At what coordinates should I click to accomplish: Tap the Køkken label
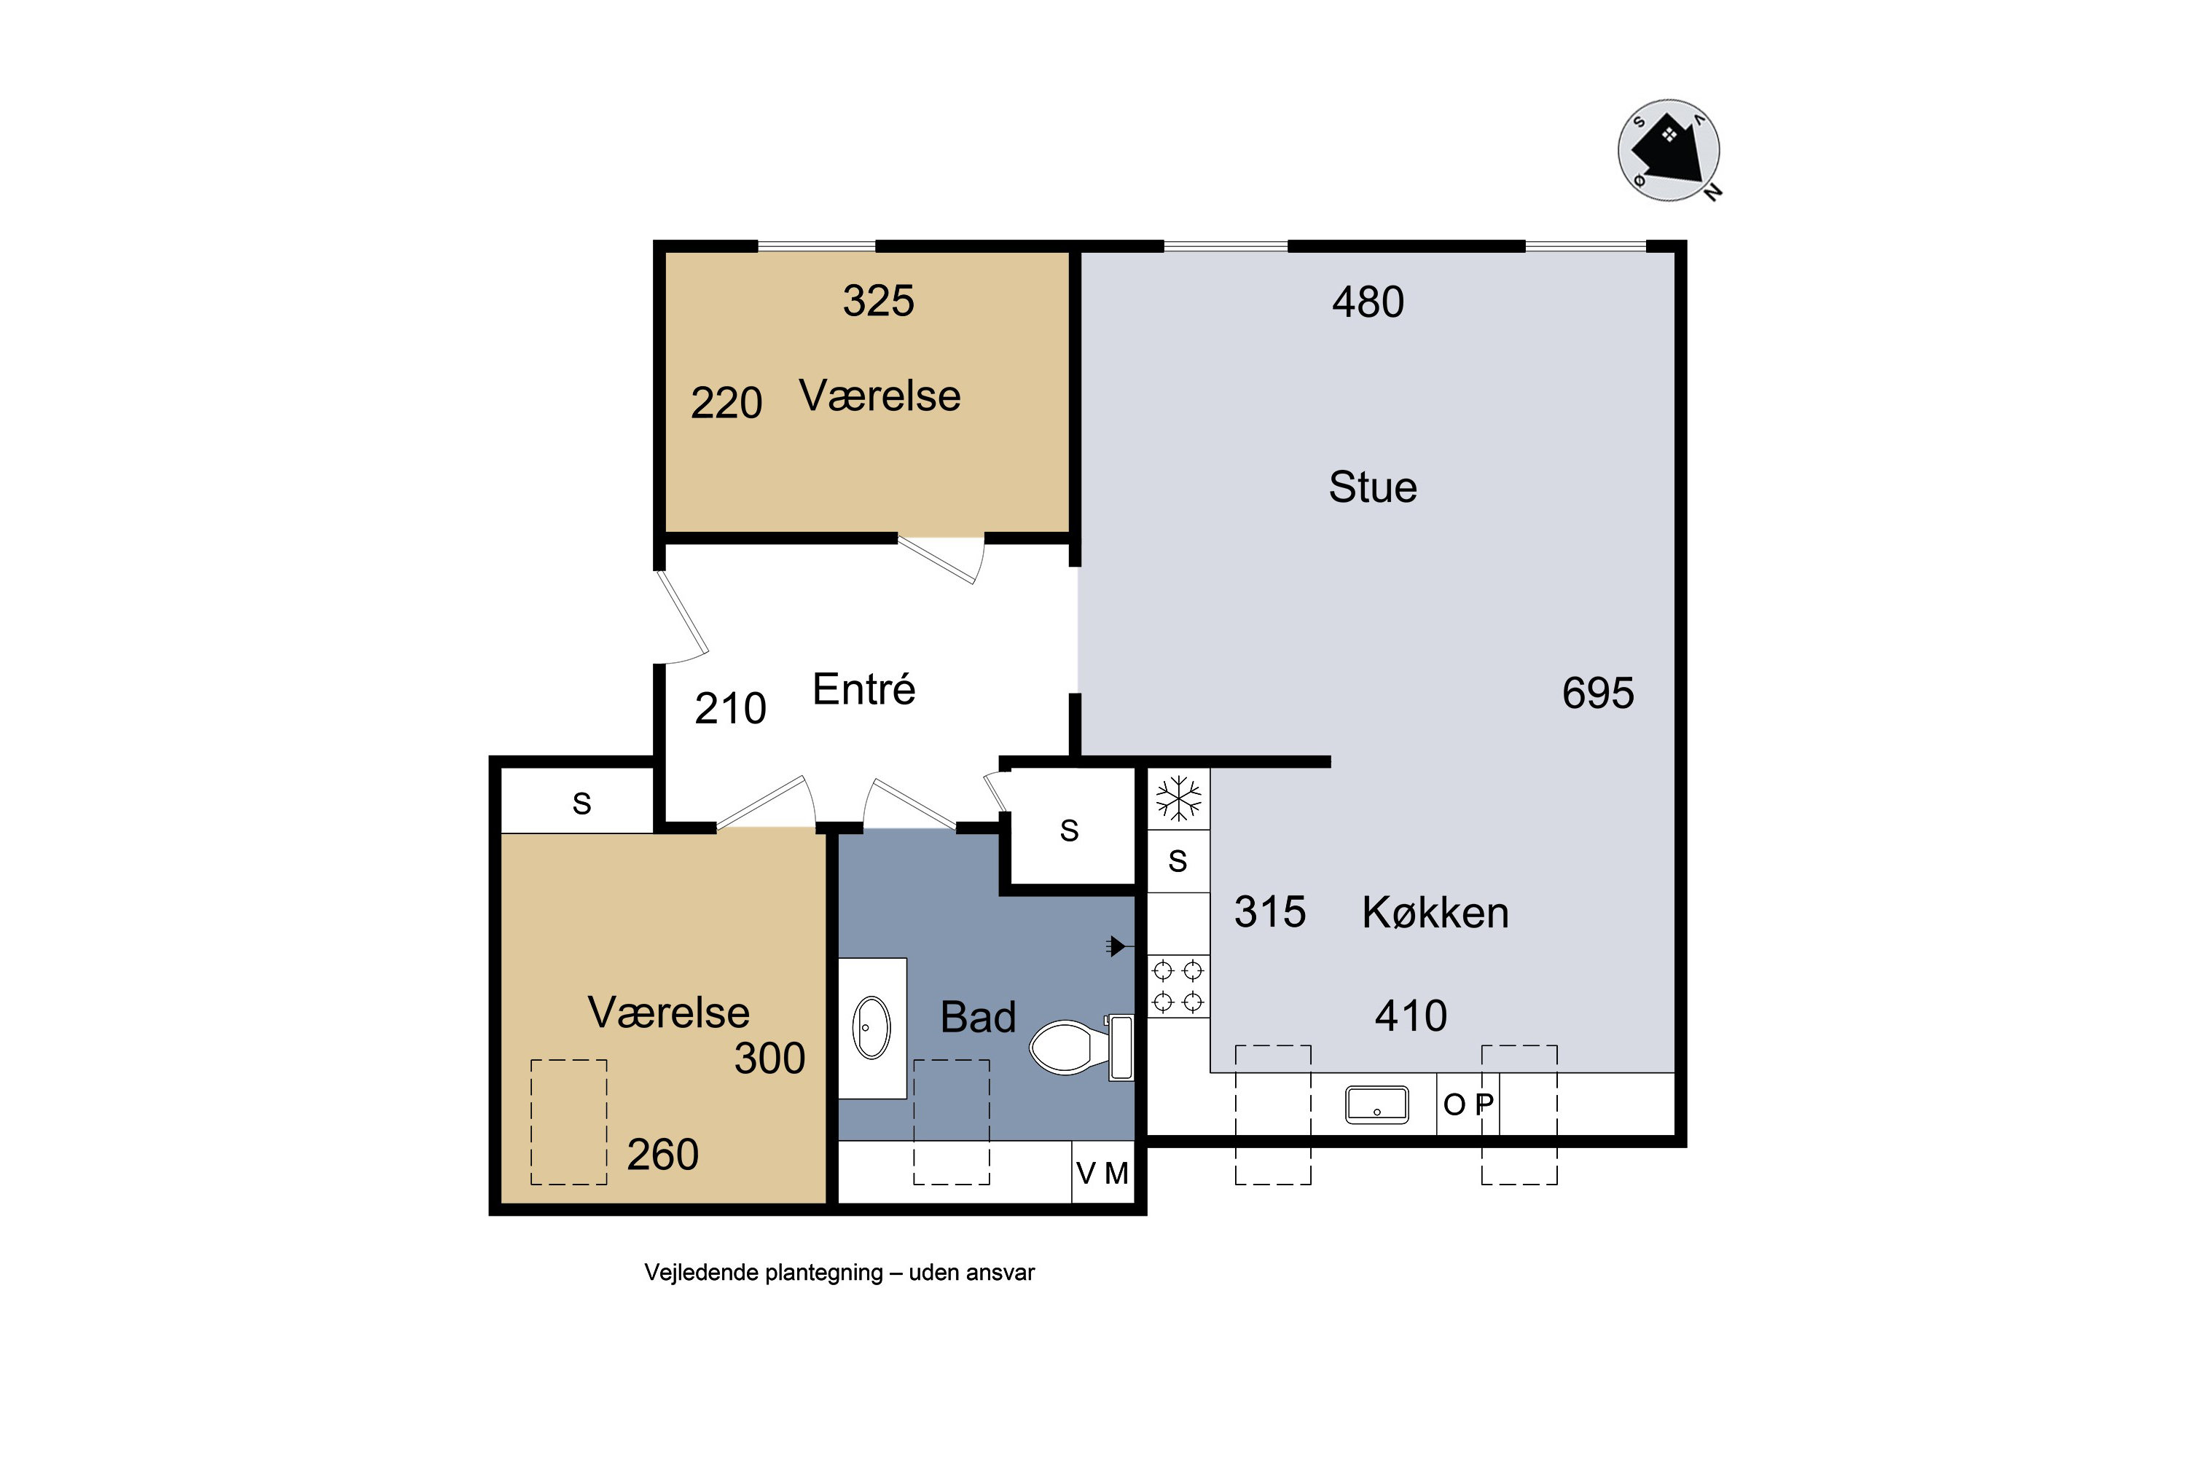[1435, 913]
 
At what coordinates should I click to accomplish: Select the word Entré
[863, 688]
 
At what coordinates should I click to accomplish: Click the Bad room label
[978, 1016]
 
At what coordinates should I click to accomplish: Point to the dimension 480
[1368, 302]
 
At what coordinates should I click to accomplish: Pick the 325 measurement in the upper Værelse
[878, 301]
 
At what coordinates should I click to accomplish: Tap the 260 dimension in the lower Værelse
[662, 1155]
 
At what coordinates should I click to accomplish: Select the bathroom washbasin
[871, 1028]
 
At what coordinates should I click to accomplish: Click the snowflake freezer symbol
[1178, 799]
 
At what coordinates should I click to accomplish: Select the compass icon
[1669, 151]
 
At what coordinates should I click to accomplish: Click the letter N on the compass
[1713, 192]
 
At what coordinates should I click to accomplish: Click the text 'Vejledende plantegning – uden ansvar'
[839, 1273]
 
